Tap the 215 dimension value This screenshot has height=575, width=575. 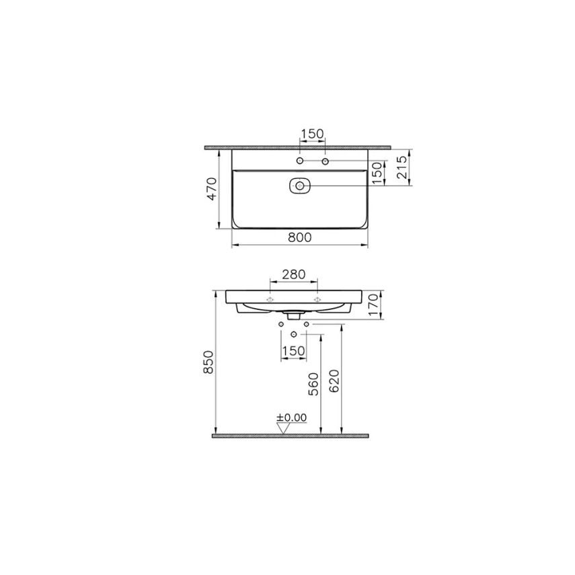401,167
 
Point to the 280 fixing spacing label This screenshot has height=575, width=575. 293,274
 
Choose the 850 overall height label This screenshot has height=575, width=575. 208,362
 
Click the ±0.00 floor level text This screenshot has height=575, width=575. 292,418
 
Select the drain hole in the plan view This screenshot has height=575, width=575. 299,186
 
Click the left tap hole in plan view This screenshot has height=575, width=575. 300,162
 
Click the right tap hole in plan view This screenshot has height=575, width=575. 325,162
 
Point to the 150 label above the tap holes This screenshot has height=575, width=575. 312,135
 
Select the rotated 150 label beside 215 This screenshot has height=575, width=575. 378,172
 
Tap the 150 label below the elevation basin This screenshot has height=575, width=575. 293,350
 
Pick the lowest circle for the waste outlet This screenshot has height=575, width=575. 294,334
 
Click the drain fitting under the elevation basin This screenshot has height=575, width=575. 293,313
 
